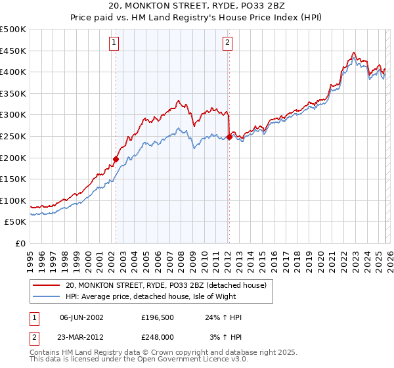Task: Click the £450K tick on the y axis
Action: click(x=13, y=51)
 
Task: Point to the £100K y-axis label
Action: click(x=13, y=200)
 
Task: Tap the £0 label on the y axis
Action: click(x=20, y=243)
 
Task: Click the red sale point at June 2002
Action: click(x=116, y=159)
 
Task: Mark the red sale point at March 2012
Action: click(x=229, y=137)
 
